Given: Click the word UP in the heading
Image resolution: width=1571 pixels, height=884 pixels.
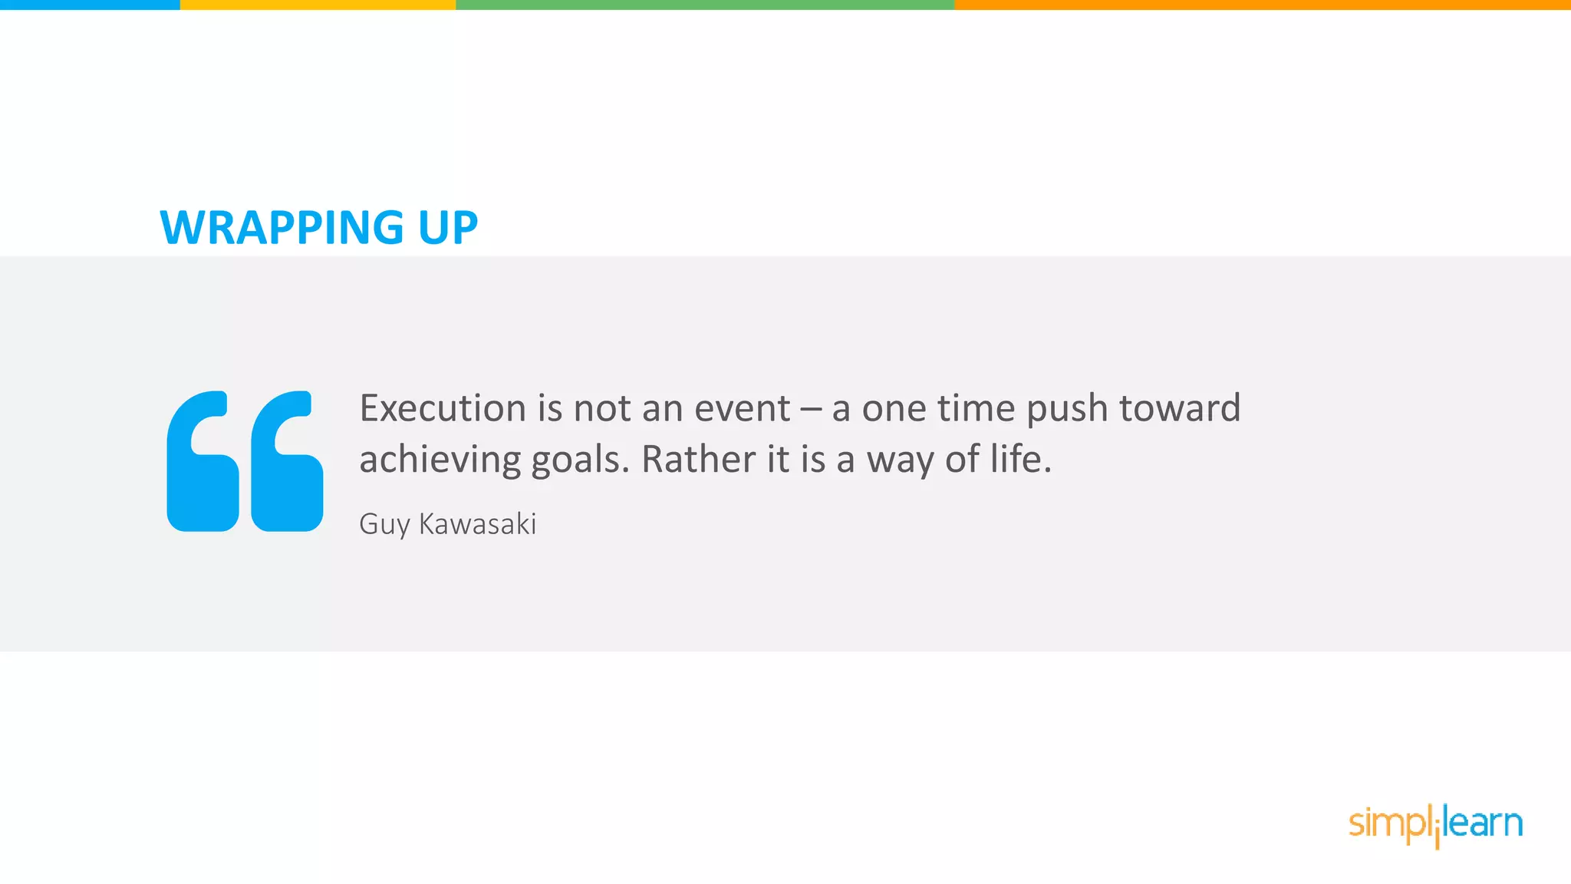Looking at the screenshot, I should click(x=448, y=228).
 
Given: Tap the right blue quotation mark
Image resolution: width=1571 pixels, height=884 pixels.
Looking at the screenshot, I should click(x=287, y=461).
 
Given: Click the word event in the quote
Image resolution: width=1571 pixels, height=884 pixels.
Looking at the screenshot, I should click(x=742, y=408).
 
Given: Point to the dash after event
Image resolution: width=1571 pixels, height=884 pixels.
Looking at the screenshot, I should click(x=810, y=409).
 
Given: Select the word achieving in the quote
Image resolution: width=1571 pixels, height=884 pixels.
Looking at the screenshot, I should click(x=440, y=460).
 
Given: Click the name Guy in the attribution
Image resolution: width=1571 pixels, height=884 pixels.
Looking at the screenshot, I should click(x=384, y=525).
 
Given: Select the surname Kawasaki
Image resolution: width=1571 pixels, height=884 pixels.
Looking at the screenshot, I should click(x=477, y=524).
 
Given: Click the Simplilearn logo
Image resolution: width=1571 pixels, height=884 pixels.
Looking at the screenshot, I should click(x=1435, y=825).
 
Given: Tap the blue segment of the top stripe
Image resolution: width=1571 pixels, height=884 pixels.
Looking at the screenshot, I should click(x=90, y=5).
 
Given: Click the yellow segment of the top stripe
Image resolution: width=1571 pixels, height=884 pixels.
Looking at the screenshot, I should click(x=318, y=5).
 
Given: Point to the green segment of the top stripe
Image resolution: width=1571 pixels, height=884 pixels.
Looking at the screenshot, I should click(x=705, y=5).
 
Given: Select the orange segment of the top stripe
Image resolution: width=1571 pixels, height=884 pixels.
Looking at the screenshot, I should click(x=1262, y=5).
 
